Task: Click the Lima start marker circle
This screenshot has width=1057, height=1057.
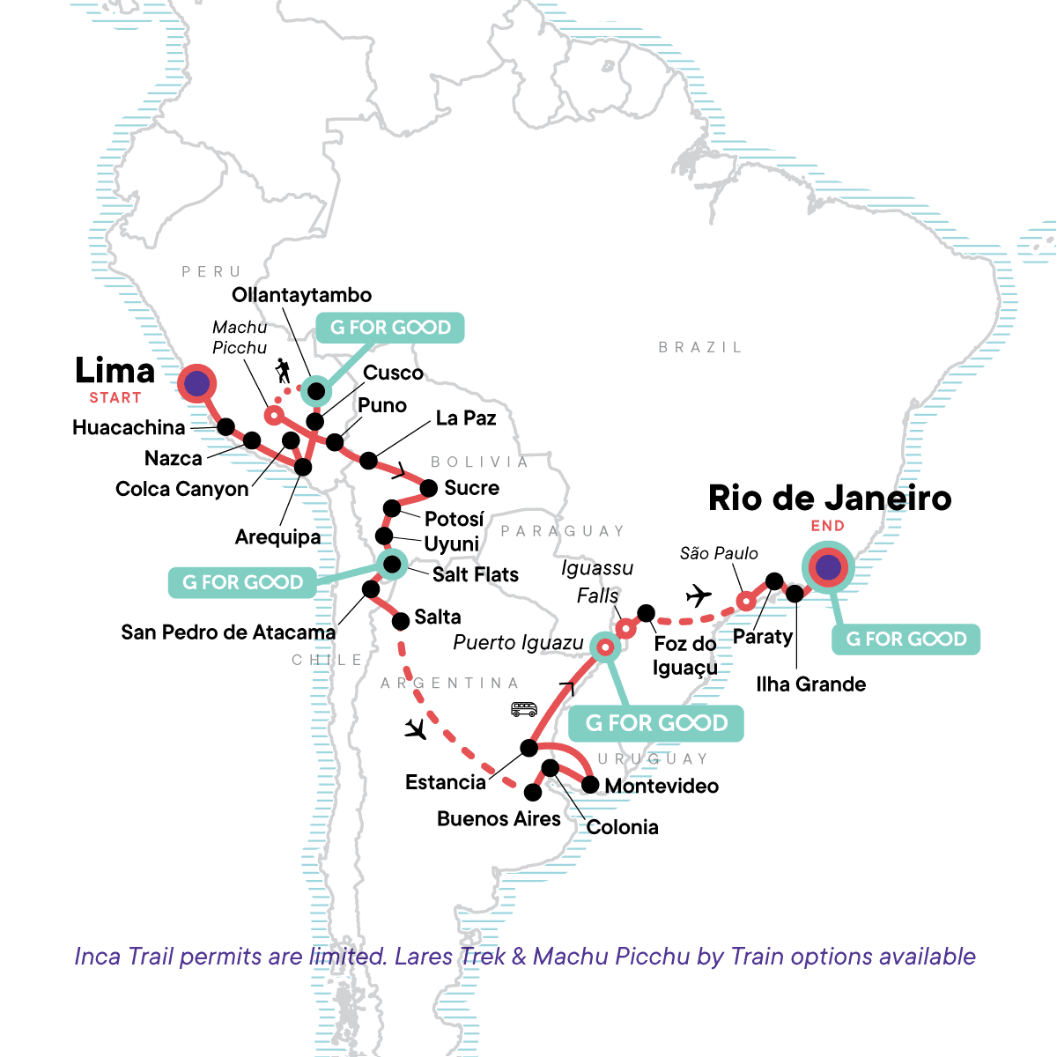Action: pyautogui.click(x=196, y=384)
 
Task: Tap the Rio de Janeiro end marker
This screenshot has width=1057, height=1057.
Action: pyautogui.click(x=827, y=568)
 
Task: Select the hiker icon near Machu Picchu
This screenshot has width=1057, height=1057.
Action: pyautogui.click(x=283, y=371)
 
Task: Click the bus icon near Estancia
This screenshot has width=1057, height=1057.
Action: pyautogui.click(x=524, y=709)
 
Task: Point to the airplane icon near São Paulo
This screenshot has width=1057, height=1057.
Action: pyautogui.click(x=699, y=596)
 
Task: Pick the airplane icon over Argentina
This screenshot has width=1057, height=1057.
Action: pyautogui.click(x=416, y=729)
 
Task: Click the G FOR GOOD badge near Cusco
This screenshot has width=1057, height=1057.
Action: pyautogui.click(x=390, y=328)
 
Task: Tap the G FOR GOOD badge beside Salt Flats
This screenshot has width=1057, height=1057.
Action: pyautogui.click(x=242, y=582)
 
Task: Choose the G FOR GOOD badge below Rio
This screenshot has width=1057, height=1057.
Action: pyautogui.click(x=906, y=639)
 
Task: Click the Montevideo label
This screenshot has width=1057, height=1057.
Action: pyautogui.click(x=662, y=786)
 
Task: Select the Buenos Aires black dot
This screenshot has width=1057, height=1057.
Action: pyautogui.click(x=533, y=793)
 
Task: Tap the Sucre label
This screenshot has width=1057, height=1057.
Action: pyautogui.click(x=471, y=488)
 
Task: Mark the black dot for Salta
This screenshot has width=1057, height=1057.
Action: pyautogui.click(x=401, y=621)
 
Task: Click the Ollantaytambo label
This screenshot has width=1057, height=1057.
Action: pyautogui.click(x=301, y=295)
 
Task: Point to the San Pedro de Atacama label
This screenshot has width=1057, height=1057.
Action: pyautogui.click(x=228, y=632)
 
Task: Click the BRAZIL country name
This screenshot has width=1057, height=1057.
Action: pyautogui.click(x=700, y=348)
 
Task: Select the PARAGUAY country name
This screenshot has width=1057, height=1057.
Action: pyautogui.click(x=563, y=531)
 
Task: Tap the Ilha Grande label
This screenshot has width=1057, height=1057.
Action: pyautogui.click(x=810, y=684)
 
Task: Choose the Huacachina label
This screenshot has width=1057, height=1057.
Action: pyautogui.click(x=129, y=428)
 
